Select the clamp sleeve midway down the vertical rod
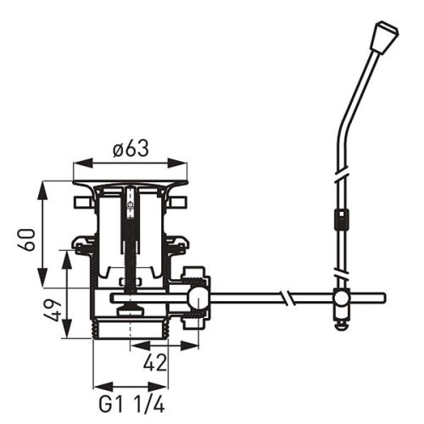click(340, 220)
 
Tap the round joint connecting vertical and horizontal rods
click(340, 298)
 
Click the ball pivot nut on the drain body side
click(198, 298)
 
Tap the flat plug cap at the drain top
click(131, 184)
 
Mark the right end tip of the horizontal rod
click(382, 298)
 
